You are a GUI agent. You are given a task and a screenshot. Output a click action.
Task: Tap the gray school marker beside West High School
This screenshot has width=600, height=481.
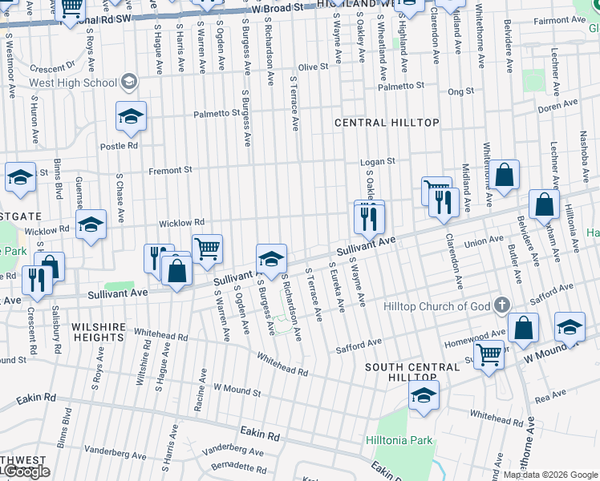click(x=128, y=82)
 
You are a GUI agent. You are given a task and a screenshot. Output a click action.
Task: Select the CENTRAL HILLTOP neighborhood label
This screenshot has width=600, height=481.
click(x=387, y=122)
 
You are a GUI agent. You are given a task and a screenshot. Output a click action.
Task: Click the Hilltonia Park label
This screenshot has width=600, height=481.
click(x=404, y=440)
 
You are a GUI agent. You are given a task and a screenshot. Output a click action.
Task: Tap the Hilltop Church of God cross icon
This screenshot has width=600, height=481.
click(x=501, y=305)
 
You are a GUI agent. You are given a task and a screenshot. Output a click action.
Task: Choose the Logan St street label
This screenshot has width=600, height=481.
click(x=377, y=161)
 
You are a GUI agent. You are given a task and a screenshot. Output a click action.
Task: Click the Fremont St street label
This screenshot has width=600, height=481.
click(x=171, y=170)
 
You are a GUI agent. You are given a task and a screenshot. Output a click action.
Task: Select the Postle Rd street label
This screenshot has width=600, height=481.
click(x=119, y=146)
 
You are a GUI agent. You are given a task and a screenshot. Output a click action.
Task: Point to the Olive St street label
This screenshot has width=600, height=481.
click(x=313, y=67)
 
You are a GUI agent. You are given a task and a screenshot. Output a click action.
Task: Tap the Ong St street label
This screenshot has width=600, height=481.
click(x=460, y=92)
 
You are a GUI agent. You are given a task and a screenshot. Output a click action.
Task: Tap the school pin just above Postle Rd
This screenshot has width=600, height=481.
click(x=131, y=118)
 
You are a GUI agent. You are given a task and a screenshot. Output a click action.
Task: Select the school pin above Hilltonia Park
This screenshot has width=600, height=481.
click(x=424, y=395)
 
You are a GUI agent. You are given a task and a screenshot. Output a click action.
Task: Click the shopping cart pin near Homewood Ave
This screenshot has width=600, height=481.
click(x=489, y=354)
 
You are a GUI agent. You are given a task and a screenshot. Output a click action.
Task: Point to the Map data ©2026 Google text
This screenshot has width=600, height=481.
click(x=549, y=475)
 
